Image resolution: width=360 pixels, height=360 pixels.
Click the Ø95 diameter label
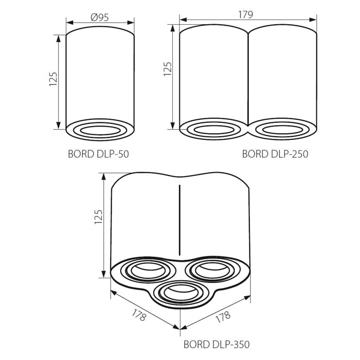99,17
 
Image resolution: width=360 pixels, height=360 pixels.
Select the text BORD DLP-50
98,154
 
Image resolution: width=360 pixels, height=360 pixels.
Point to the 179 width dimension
246,15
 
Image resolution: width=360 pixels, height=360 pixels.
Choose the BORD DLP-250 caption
275,154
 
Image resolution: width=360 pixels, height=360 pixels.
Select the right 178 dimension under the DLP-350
222,316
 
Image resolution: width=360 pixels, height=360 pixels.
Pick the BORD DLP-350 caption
217,344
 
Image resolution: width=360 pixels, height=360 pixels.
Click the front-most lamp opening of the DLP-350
180,293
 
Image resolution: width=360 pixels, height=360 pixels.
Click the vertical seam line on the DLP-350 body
179,219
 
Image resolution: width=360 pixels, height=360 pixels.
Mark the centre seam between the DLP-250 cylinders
248,77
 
